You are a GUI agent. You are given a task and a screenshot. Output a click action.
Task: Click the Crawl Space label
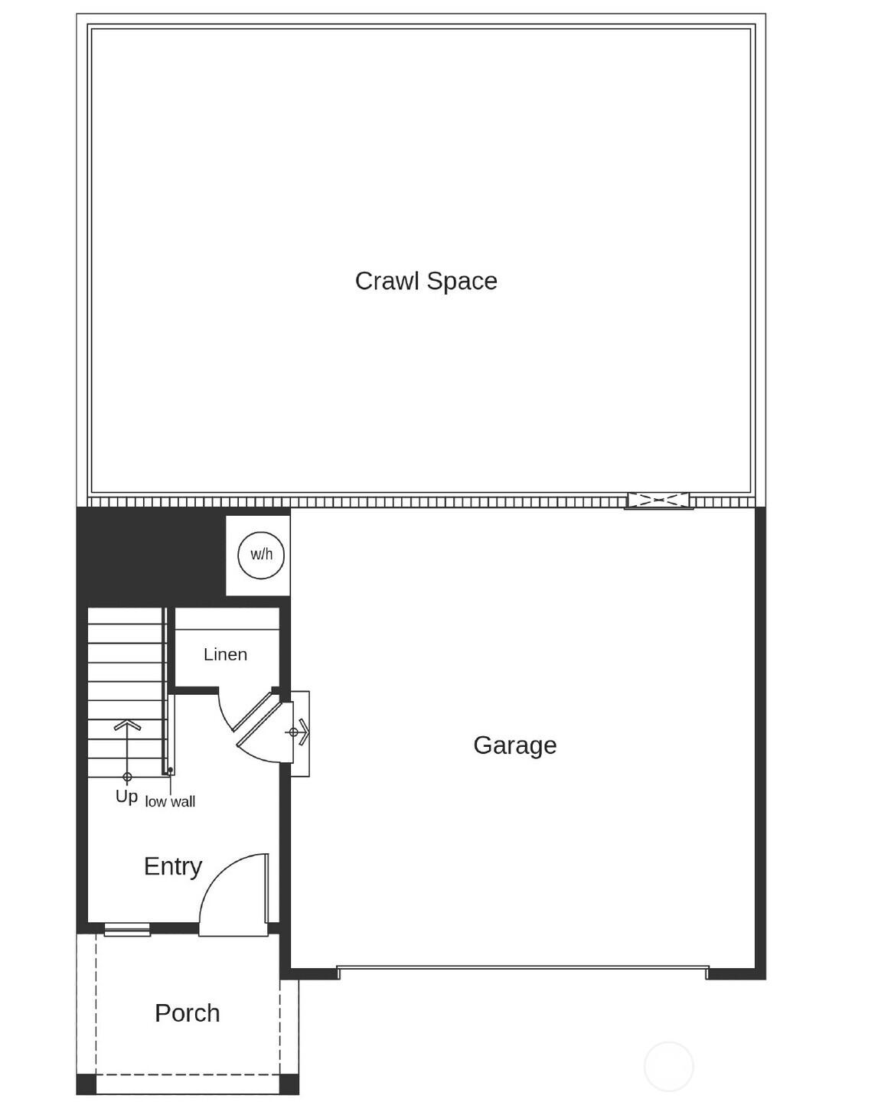pos(426,281)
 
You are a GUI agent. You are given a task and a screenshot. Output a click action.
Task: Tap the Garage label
pos(514,745)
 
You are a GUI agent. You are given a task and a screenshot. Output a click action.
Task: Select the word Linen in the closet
pos(225,654)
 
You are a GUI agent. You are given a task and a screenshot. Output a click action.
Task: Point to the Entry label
pos(173,866)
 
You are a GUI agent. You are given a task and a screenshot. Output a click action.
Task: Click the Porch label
pos(188,1012)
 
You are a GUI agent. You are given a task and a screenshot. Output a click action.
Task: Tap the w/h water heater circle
pos(261,555)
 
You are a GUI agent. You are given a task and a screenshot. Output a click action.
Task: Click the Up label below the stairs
pos(126,797)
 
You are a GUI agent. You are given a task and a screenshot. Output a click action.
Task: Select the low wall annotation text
pos(170,802)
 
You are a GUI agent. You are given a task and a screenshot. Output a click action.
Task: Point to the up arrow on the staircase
pos(127,735)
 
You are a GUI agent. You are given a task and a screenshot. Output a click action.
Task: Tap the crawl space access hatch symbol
pos(658,500)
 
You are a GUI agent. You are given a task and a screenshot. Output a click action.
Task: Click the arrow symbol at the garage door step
pos(300,732)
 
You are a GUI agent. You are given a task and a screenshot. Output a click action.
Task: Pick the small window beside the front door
pos(127,931)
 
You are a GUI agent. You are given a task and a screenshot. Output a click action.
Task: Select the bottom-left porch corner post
pos(86,1084)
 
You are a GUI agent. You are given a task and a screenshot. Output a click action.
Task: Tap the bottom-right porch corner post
pos(289,1084)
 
